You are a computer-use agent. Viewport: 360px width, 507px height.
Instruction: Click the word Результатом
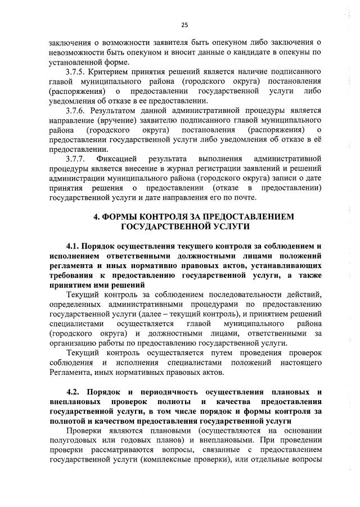tap(120, 111)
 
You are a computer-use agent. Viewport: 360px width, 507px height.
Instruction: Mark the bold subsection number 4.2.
tap(74, 391)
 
